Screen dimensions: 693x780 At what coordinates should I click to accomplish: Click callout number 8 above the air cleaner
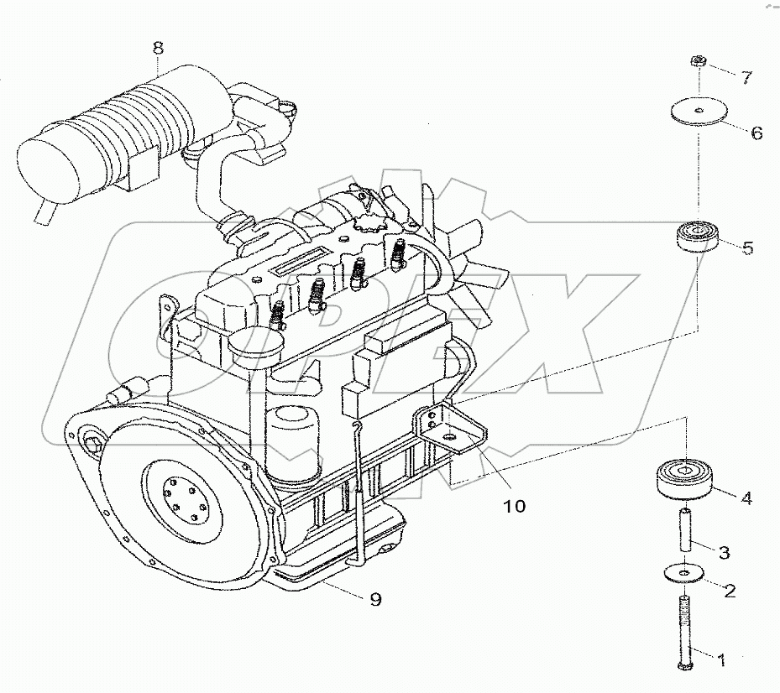point(158,48)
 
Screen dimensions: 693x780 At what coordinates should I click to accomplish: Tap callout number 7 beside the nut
point(746,77)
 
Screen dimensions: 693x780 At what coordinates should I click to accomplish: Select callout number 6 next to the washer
point(756,133)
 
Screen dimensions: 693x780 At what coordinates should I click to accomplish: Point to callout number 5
point(747,247)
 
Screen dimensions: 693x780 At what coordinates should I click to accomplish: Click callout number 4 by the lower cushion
point(745,498)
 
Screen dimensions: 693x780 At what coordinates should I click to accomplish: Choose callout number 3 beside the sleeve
point(724,552)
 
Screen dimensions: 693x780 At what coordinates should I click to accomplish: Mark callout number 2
point(729,591)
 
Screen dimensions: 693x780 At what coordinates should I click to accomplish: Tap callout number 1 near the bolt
point(720,659)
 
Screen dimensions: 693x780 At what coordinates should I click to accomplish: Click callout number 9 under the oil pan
point(375,599)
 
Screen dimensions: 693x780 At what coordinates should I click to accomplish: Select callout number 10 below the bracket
point(514,506)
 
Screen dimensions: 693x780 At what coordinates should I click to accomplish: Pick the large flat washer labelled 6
point(698,112)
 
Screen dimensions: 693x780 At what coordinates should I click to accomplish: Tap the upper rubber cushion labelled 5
point(696,236)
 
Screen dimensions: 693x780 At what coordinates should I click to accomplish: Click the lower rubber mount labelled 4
point(685,478)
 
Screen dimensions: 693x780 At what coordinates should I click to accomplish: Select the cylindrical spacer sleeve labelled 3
point(685,533)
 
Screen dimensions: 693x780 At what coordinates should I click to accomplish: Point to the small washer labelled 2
point(685,572)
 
